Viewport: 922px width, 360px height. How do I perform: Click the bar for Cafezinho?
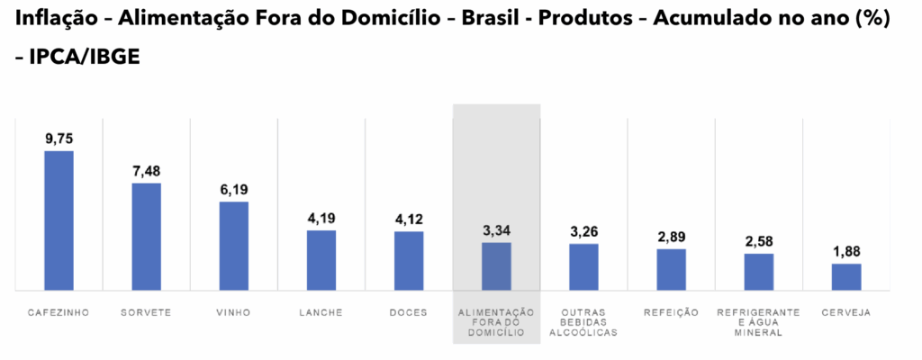coord(59,220)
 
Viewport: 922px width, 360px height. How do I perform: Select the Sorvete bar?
coord(147,237)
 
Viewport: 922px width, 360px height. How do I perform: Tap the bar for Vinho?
coord(234,246)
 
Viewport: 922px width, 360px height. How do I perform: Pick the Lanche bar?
coord(321,260)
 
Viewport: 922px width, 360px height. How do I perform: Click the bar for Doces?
coord(409,261)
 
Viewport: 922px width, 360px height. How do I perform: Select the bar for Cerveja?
coord(846,277)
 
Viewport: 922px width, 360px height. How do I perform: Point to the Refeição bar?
coord(672,269)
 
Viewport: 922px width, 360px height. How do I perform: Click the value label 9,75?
coord(59,139)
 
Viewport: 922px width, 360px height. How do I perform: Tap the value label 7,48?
coord(147,171)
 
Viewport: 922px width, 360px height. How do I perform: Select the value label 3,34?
coord(496,231)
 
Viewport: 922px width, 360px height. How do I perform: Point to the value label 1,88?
coord(846,252)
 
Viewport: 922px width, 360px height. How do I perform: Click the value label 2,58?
coord(759,242)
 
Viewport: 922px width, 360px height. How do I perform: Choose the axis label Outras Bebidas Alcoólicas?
coord(583,322)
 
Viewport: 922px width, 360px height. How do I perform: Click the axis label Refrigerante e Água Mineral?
coord(759,322)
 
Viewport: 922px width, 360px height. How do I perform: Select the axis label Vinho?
coord(234,312)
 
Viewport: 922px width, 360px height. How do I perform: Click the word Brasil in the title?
coord(496,20)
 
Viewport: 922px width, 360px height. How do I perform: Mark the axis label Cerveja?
coord(846,312)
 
